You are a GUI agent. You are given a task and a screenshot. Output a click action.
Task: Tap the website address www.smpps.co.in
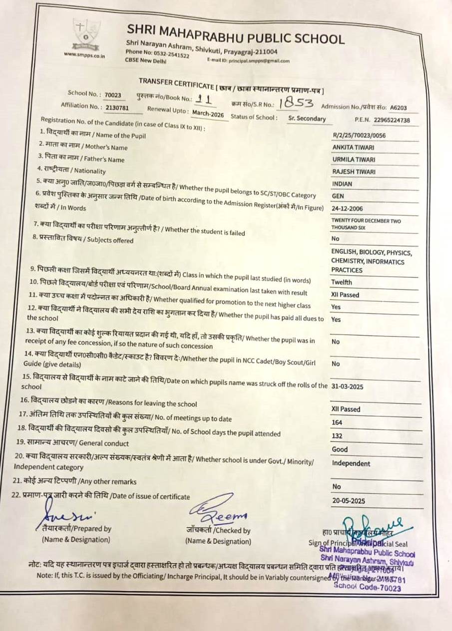84,55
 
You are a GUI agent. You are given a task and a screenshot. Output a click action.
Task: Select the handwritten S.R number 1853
296,103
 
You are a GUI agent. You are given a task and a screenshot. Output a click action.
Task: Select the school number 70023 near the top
113,95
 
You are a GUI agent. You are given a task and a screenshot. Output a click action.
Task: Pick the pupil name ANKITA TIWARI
354,147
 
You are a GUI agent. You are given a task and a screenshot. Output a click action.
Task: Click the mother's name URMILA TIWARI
354,160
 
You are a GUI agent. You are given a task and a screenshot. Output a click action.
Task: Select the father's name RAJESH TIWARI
354,172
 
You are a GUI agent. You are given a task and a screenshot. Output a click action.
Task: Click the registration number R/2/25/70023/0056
359,135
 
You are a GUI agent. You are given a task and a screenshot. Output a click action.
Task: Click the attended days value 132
337,436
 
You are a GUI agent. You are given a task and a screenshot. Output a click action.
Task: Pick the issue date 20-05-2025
349,500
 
